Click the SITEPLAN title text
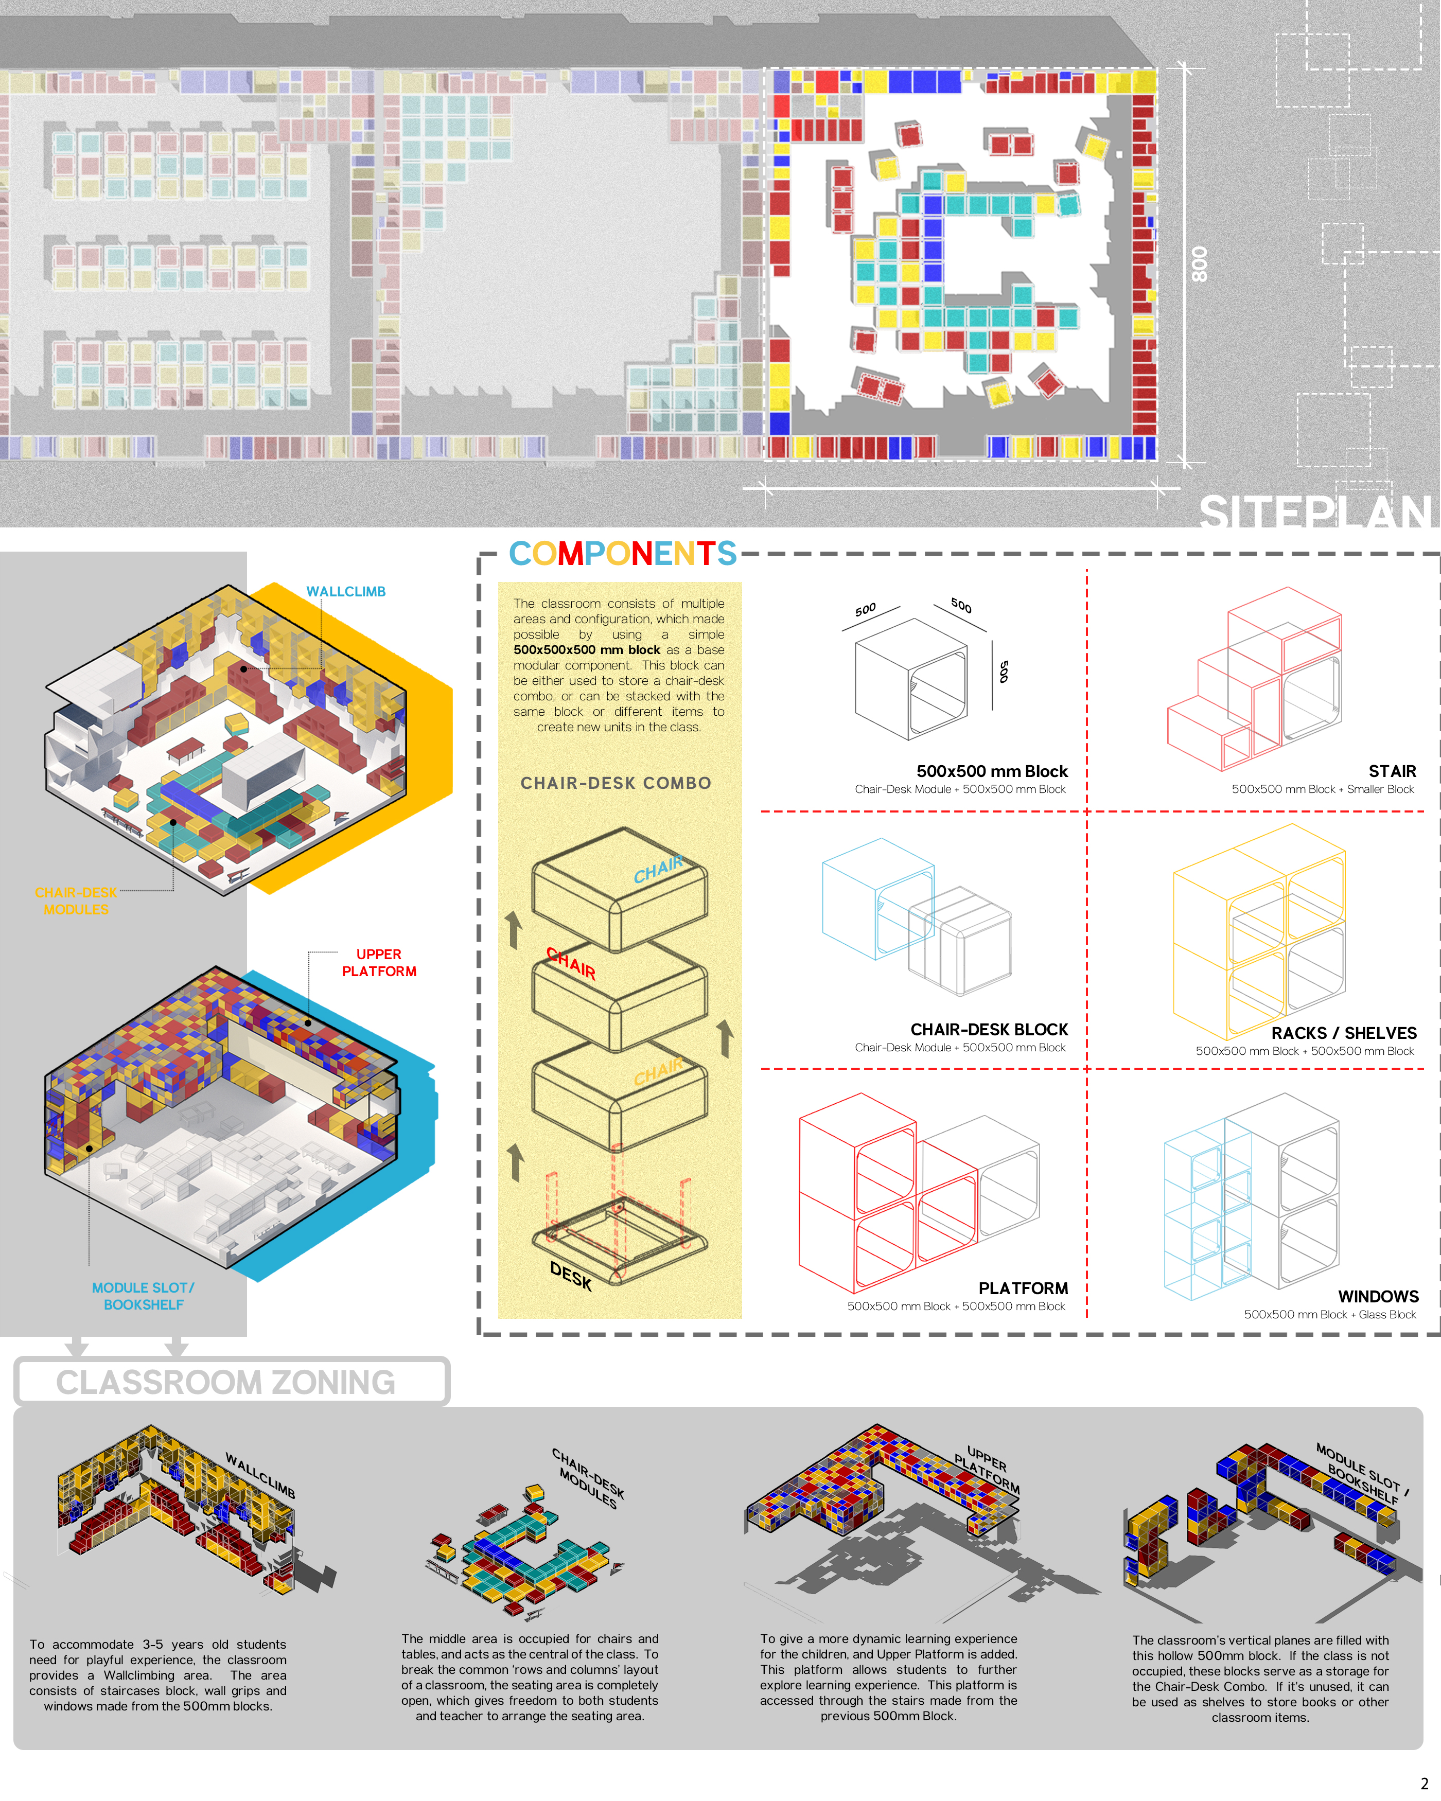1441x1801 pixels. tap(1316, 511)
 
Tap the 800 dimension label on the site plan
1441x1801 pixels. tap(1199, 264)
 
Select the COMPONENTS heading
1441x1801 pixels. tap(622, 553)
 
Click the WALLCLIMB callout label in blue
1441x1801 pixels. tap(346, 591)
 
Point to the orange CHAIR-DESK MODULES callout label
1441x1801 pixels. tap(76, 900)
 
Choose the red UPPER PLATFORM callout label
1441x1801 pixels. tap(379, 962)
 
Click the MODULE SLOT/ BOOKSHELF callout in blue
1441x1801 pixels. tap(143, 1296)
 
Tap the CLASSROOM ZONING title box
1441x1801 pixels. tap(232, 1381)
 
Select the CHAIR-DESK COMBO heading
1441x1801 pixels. tap(616, 783)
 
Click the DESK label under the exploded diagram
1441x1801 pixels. tap(571, 1276)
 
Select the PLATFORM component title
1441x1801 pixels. tap(1023, 1288)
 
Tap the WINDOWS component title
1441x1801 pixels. tap(1378, 1296)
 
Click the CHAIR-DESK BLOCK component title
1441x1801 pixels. tap(989, 1029)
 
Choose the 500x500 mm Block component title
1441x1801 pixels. tap(992, 771)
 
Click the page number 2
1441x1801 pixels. tap(1425, 1784)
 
